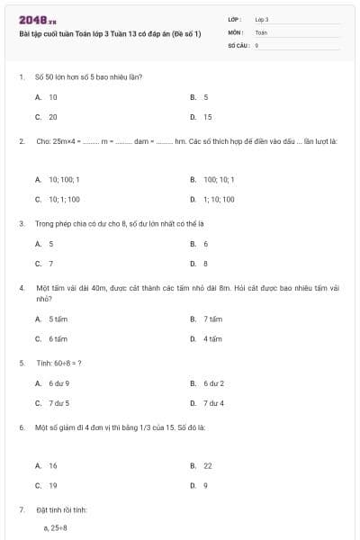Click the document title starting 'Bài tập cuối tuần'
pyautogui.click(x=110, y=33)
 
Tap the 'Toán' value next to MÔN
pyautogui.click(x=261, y=31)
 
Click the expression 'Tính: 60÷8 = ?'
pyautogui.click(x=59, y=364)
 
